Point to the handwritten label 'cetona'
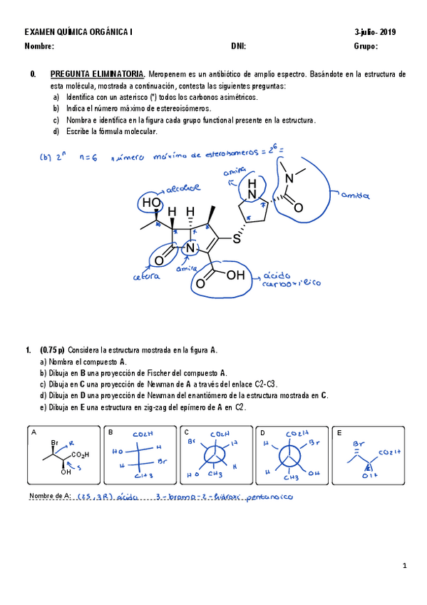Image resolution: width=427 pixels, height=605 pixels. coord(145,276)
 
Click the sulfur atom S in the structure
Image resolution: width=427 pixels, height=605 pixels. coord(236,238)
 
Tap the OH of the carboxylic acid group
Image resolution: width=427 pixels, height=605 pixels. coord(235,275)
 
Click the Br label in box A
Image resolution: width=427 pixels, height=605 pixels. coord(55,444)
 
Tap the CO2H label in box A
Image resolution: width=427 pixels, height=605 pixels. coord(81,455)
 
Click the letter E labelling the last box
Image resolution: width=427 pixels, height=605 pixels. coord(339,432)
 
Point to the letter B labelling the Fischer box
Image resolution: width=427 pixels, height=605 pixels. coord(110,432)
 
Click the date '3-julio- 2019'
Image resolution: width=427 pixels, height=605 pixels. coord(375,32)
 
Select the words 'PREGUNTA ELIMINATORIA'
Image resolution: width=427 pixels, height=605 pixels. coord(97,74)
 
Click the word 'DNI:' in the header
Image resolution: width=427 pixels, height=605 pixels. coord(239,46)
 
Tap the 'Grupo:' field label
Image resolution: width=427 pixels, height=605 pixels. coord(366,46)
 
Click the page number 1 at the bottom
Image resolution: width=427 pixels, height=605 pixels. coord(404,566)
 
